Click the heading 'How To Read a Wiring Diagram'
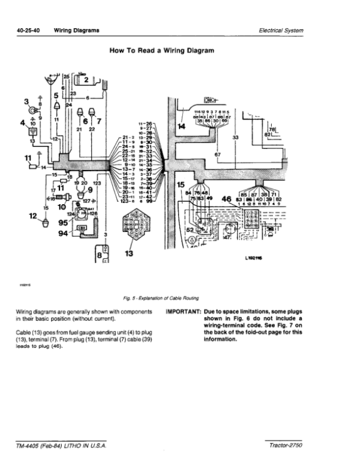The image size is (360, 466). pos(162,52)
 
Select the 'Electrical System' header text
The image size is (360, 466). pos(281,30)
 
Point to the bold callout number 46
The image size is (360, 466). pos(227,199)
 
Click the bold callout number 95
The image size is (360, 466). pos(62,222)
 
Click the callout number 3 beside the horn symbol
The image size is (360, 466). pos(26,101)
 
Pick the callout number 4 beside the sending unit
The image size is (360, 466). pos(23,124)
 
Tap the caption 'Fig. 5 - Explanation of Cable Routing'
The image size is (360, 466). pos(161,298)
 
